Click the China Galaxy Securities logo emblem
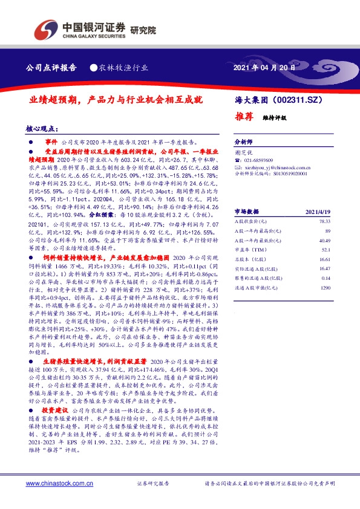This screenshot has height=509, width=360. [45, 28]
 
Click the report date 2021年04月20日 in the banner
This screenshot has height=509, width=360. [264, 68]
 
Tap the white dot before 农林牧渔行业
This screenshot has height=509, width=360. [94, 68]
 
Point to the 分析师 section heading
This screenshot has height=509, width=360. [243, 138]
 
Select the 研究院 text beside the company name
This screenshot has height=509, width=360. [142, 28]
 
